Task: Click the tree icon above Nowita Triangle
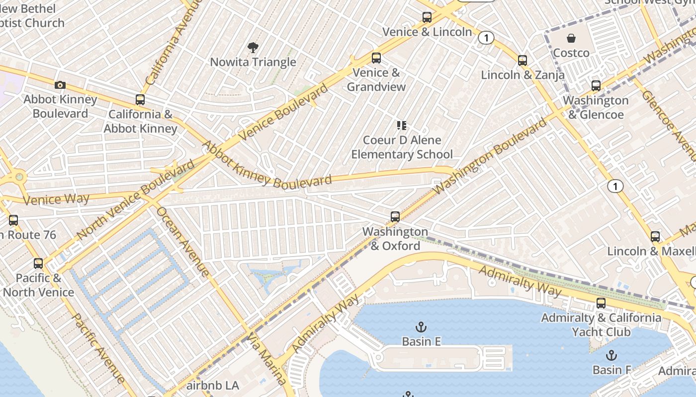click(x=253, y=48)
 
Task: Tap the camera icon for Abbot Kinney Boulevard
click(x=60, y=85)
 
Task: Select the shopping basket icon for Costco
click(x=571, y=38)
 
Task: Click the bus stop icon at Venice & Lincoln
click(x=427, y=17)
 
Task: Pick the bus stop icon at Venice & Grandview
click(x=376, y=58)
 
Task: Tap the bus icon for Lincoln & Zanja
click(x=522, y=61)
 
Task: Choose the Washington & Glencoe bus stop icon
click(x=596, y=86)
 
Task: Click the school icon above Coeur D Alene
click(x=402, y=126)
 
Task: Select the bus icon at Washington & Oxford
click(x=395, y=217)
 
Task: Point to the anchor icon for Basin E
click(x=421, y=327)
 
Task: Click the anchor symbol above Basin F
click(x=611, y=355)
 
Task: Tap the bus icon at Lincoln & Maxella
click(x=655, y=237)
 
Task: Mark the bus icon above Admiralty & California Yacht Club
click(x=601, y=303)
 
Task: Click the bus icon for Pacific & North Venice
click(x=38, y=264)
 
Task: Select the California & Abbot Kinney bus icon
click(x=140, y=100)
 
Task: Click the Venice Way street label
click(x=56, y=199)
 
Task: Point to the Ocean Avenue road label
click(x=182, y=241)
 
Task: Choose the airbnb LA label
click(x=213, y=385)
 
